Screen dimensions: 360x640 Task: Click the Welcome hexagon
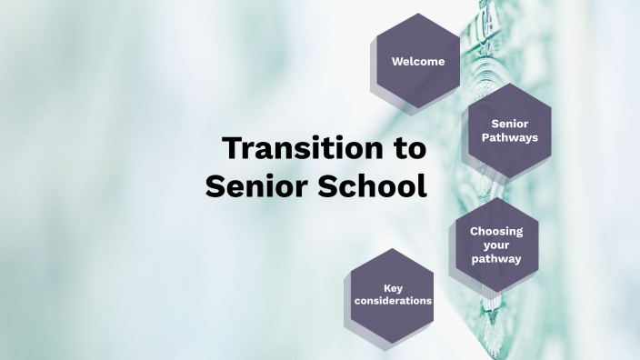[x=418, y=62]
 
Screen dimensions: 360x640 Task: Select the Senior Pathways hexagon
[x=510, y=131]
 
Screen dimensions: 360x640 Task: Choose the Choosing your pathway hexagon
[x=496, y=245]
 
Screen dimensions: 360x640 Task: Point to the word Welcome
[x=418, y=62]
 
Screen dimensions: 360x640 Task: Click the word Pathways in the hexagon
[x=510, y=138]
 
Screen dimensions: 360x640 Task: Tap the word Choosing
[x=496, y=231]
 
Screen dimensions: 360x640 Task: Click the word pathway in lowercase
[x=496, y=259]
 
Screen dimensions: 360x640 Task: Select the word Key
[x=393, y=288]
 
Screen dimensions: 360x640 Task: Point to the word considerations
[x=393, y=301]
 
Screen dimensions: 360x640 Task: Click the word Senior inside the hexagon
[x=510, y=124]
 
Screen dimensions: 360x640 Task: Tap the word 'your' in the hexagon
[x=496, y=245]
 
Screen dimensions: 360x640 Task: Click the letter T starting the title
[x=233, y=147]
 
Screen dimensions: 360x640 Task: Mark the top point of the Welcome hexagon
[x=418, y=14]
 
